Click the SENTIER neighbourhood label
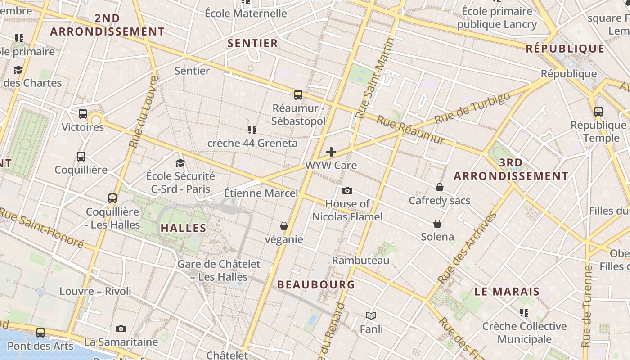[x=253, y=43]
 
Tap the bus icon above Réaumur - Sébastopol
[x=298, y=95]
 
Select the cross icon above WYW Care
[x=331, y=152]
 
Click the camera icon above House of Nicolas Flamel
[x=347, y=191]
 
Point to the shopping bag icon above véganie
[x=284, y=226]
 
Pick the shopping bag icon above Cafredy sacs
[x=440, y=187]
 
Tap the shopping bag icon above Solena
[x=437, y=224]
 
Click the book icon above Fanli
[x=371, y=316]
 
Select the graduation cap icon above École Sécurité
[x=180, y=163]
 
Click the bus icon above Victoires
[x=83, y=114]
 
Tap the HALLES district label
[x=184, y=228]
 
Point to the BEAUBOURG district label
[x=316, y=284]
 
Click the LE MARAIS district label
[x=507, y=291]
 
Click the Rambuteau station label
[x=361, y=260]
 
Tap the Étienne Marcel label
[x=261, y=193]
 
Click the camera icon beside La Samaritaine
[x=121, y=329]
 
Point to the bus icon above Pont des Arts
[x=40, y=333]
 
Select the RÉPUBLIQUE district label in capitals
[x=565, y=49]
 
